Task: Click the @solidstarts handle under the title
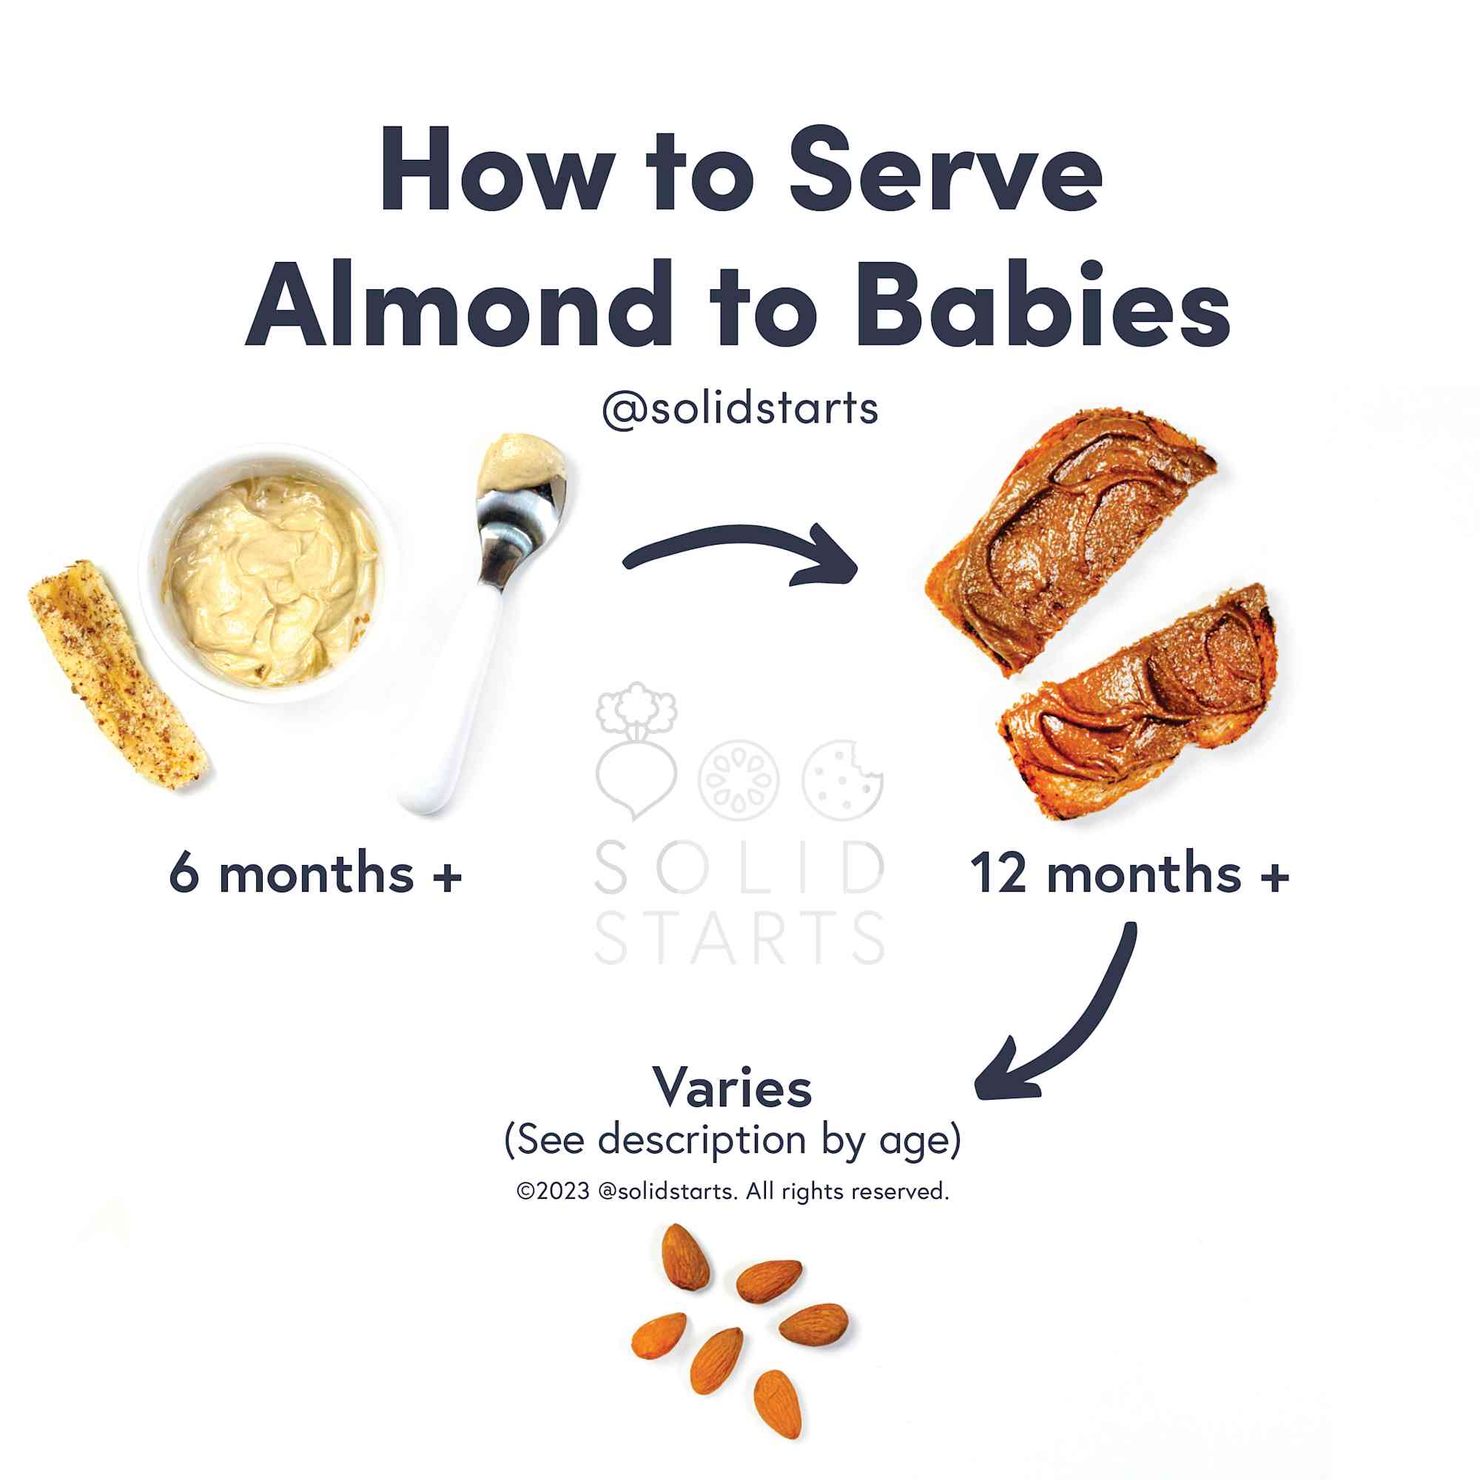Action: (x=740, y=408)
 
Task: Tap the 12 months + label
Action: (x=1129, y=872)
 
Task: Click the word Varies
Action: (x=732, y=1088)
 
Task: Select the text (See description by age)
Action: (x=733, y=1140)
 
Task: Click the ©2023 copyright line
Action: (x=733, y=1191)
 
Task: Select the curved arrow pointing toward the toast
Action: (x=739, y=535)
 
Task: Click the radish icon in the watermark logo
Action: (x=636, y=750)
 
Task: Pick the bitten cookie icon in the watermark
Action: (x=843, y=780)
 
